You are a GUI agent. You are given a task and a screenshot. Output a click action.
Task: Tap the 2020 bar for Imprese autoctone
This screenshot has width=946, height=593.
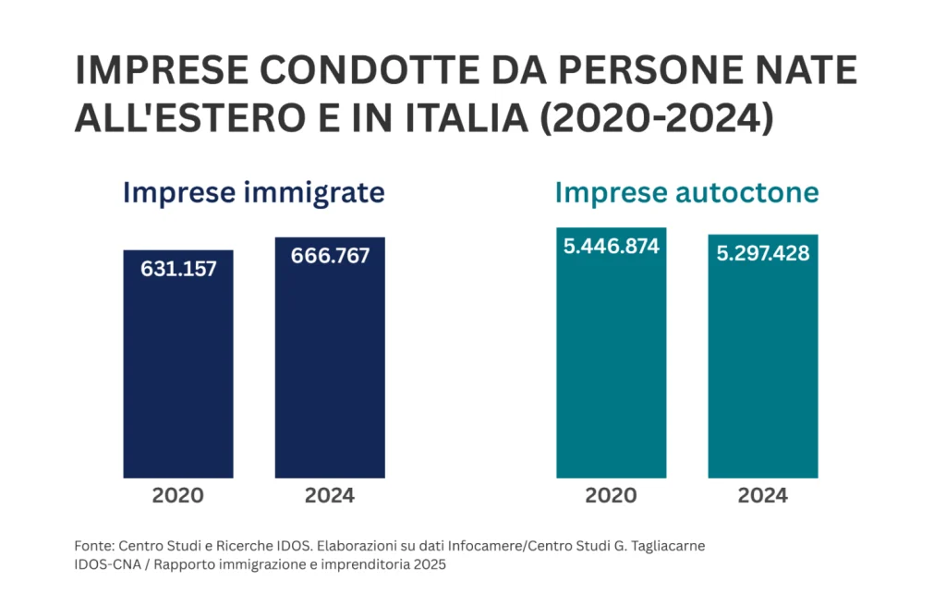611,369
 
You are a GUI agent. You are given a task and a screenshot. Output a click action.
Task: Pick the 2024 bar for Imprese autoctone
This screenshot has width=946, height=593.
763,369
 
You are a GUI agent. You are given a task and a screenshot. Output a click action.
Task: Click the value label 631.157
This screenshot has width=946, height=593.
178,269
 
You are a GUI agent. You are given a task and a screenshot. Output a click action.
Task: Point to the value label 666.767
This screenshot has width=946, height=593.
330,256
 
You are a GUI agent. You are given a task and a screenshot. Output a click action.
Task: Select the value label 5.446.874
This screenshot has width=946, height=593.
611,247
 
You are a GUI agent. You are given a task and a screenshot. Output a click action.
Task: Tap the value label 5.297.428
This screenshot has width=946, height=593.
763,253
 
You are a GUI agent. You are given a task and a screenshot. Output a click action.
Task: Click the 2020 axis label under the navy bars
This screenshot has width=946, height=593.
178,496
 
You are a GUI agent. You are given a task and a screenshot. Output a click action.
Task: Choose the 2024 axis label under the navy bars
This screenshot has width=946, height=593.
330,496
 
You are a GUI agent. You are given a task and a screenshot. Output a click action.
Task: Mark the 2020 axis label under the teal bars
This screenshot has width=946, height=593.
611,496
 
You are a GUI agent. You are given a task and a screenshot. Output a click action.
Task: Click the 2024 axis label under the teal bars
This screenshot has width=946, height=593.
763,496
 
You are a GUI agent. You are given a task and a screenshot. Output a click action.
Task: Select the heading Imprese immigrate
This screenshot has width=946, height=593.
253,193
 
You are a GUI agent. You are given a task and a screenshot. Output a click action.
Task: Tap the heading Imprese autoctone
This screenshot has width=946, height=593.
686,193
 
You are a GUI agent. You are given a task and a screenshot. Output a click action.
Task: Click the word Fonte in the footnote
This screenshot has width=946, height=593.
93,546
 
